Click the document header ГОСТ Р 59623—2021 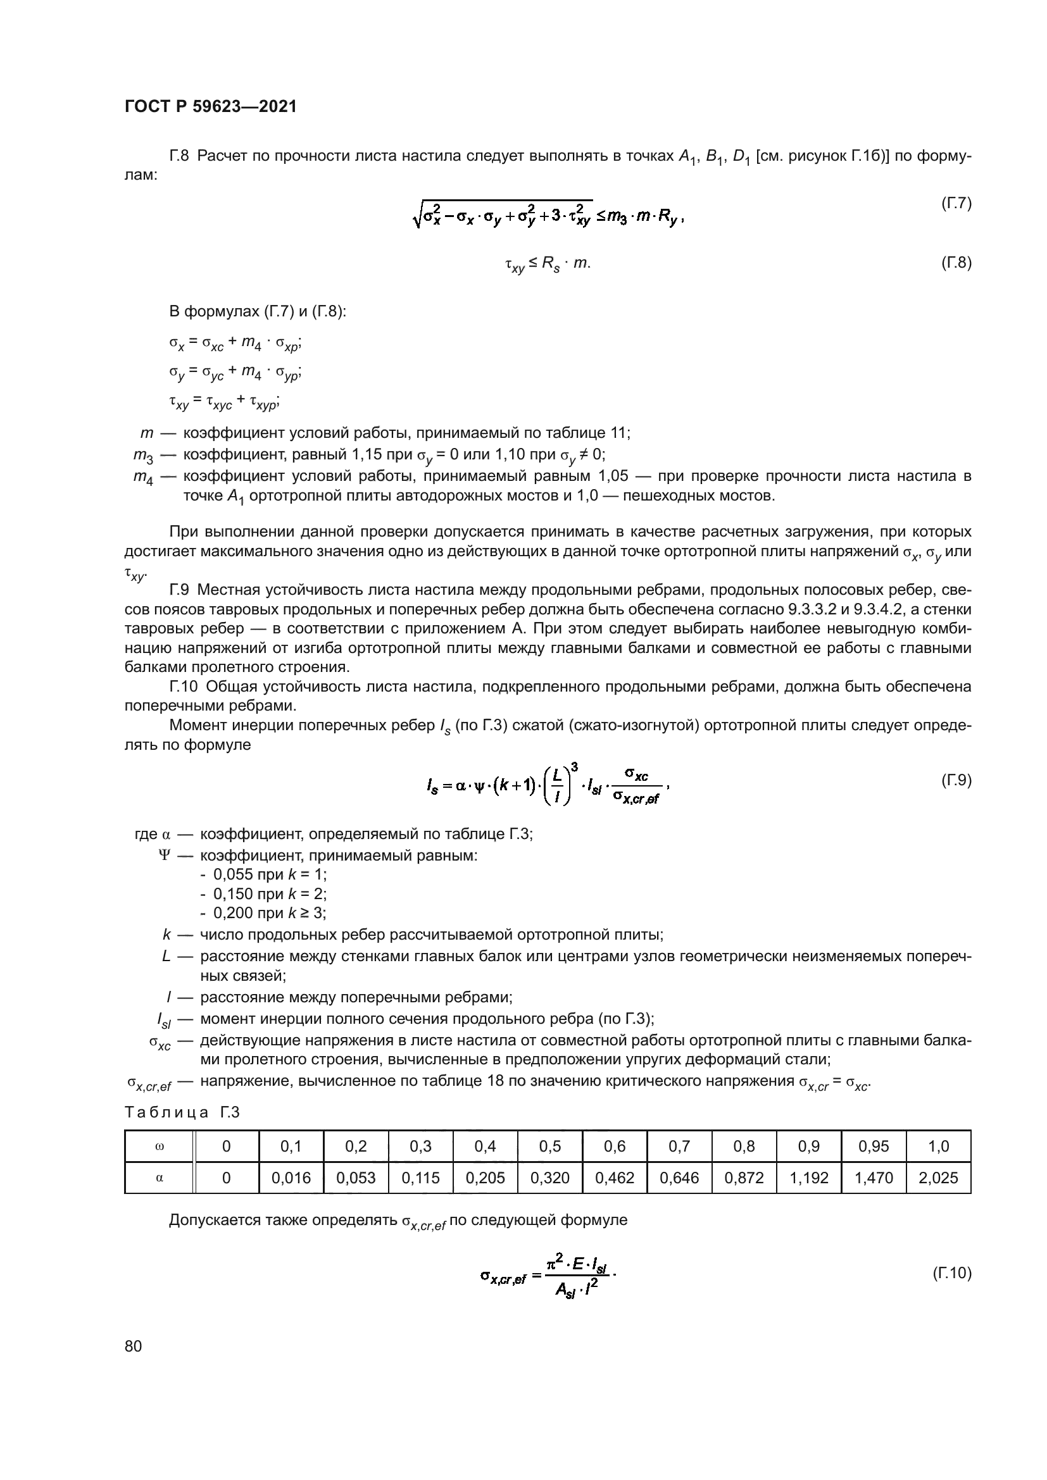(210, 107)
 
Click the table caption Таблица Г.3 (182, 1112)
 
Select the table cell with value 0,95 (874, 1146)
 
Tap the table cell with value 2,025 (938, 1178)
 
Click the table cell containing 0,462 (615, 1178)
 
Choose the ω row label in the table (160, 1146)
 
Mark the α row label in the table (160, 1178)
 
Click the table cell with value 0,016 (291, 1178)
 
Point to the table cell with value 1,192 (808, 1178)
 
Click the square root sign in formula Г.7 (417, 215)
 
